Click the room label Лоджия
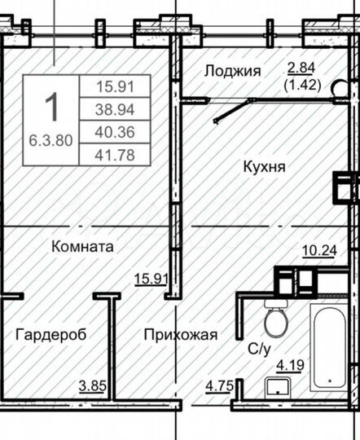(233, 71)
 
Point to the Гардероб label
(50, 334)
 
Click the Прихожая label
(181, 334)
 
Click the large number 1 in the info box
(50, 107)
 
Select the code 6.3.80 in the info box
(50, 139)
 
